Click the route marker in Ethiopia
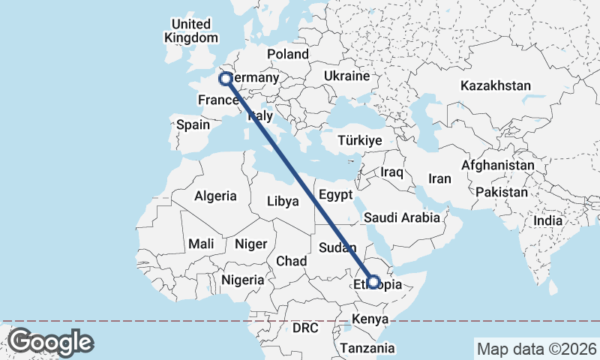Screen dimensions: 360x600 coord(373,282)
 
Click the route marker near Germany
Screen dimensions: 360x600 coord(224,79)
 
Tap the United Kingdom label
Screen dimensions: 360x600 coord(191,31)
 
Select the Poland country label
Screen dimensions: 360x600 coord(288,54)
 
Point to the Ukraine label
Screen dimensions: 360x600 coord(346,76)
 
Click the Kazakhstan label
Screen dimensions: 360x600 coord(496,85)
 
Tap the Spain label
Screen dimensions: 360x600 coord(193,124)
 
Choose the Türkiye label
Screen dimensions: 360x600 coord(360,140)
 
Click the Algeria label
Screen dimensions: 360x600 coord(215,196)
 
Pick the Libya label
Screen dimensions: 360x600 coord(283,201)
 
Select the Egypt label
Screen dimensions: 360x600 coord(335,194)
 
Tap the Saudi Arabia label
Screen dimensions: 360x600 coord(401,218)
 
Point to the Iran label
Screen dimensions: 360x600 coord(439,178)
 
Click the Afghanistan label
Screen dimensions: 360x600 coord(498,165)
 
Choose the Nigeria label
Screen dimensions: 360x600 coord(242,280)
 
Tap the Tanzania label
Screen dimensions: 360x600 coord(367,348)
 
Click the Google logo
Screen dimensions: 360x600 coord(50,341)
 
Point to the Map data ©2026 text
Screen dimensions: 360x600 coord(535,348)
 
